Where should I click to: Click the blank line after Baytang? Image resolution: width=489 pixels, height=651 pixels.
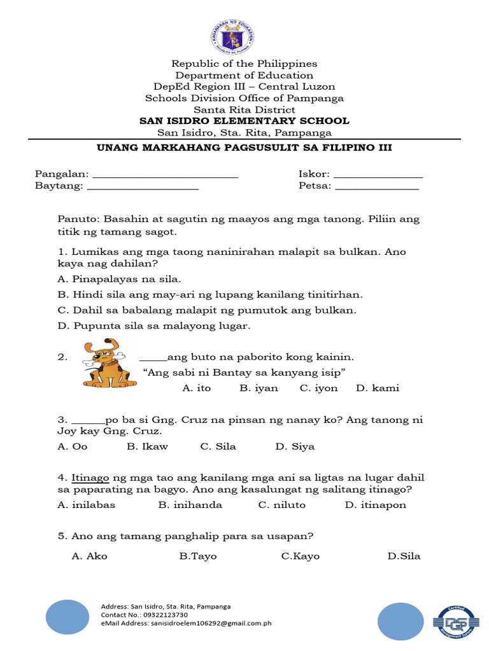coord(143,188)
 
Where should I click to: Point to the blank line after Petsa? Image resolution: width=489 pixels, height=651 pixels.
coord(376,188)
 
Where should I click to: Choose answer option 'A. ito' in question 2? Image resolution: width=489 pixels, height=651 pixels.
coord(196,388)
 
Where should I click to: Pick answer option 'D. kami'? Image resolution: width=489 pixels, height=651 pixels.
coord(377,388)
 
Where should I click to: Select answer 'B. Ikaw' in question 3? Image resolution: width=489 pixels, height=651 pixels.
coord(147,446)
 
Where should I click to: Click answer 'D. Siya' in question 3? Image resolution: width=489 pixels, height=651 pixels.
coord(295,446)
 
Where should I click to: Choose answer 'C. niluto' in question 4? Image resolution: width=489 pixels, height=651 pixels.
coord(281,505)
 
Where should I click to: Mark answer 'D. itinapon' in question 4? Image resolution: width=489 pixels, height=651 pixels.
coord(375,505)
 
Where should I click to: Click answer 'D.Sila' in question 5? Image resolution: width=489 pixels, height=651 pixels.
coord(404,556)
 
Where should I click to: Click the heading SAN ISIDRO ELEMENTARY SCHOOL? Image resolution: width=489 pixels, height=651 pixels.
coord(244,121)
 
